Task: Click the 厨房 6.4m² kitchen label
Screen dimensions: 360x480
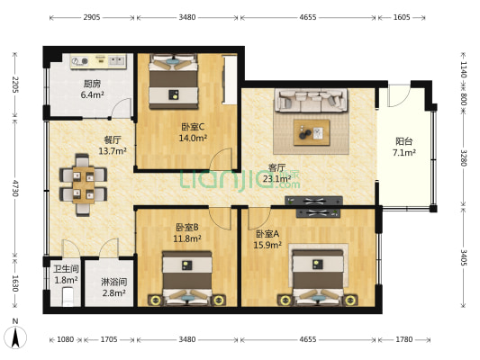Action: coord(93,88)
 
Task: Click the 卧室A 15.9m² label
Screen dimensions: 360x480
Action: coord(267,239)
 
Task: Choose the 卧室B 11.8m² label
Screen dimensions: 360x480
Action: coord(187,233)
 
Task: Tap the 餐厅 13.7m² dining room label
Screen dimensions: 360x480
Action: coord(113,146)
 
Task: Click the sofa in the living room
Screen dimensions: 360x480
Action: coord(312,101)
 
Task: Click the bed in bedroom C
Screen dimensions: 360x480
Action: coord(173,81)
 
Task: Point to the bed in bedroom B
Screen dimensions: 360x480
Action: coord(187,280)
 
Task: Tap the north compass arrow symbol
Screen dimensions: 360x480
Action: coord(15,337)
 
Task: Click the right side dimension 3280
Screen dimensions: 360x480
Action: coord(465,159)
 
